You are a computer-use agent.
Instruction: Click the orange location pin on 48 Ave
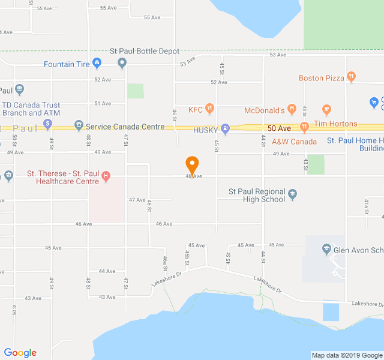pos(192,164)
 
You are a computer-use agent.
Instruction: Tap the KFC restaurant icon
pos(209,109)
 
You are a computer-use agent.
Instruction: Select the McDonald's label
pos(264,110)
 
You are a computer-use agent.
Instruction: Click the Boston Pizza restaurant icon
pos(352,77)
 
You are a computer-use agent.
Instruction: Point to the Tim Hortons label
pos(335,124)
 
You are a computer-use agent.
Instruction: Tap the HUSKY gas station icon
pos(225,128)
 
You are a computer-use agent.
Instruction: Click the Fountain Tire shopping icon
pos(96,64)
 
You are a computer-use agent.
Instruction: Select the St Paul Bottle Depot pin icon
pos(122,62)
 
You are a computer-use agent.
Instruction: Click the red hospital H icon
pos(106,176)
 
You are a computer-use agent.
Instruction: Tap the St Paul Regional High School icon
pos(293,194)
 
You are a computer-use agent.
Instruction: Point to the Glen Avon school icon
pos(326,249)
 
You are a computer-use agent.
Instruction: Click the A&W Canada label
pos(294,142)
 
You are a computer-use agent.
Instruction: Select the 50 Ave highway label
pos(279,128)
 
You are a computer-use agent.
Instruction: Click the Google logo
pos(20,353)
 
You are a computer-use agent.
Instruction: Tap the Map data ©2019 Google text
pos(347,355)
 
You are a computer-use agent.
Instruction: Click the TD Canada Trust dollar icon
pos(47,125)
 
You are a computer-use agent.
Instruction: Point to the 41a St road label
pos(366,206)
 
